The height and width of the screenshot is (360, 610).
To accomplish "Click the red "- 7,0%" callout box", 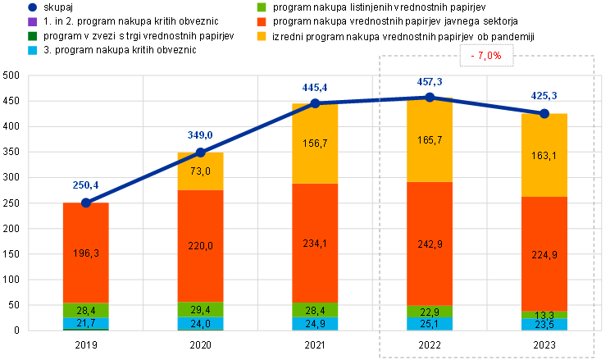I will (486, 55).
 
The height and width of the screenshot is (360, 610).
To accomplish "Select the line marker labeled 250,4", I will (86, 202).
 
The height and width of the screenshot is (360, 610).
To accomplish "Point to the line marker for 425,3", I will (544, 112).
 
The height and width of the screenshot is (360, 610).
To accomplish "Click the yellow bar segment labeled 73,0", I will (201, 171).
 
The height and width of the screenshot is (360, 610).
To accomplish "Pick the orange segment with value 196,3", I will (86, 253).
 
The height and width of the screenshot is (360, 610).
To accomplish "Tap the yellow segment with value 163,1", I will (544, 155).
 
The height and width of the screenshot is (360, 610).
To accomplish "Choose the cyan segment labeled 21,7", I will (86, 324).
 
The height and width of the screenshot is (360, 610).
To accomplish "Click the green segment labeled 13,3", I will (544, 315).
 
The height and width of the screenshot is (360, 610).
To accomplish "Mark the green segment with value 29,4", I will (201, 310).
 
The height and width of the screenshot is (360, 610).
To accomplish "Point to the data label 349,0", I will (200, 135).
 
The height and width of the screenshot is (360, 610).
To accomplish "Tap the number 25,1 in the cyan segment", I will (430, 324).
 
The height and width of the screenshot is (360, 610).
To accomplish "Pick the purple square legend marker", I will (31, 21).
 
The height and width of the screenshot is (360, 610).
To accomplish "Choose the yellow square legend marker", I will (262, 36).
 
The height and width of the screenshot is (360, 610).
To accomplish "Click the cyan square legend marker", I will (31, 50).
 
